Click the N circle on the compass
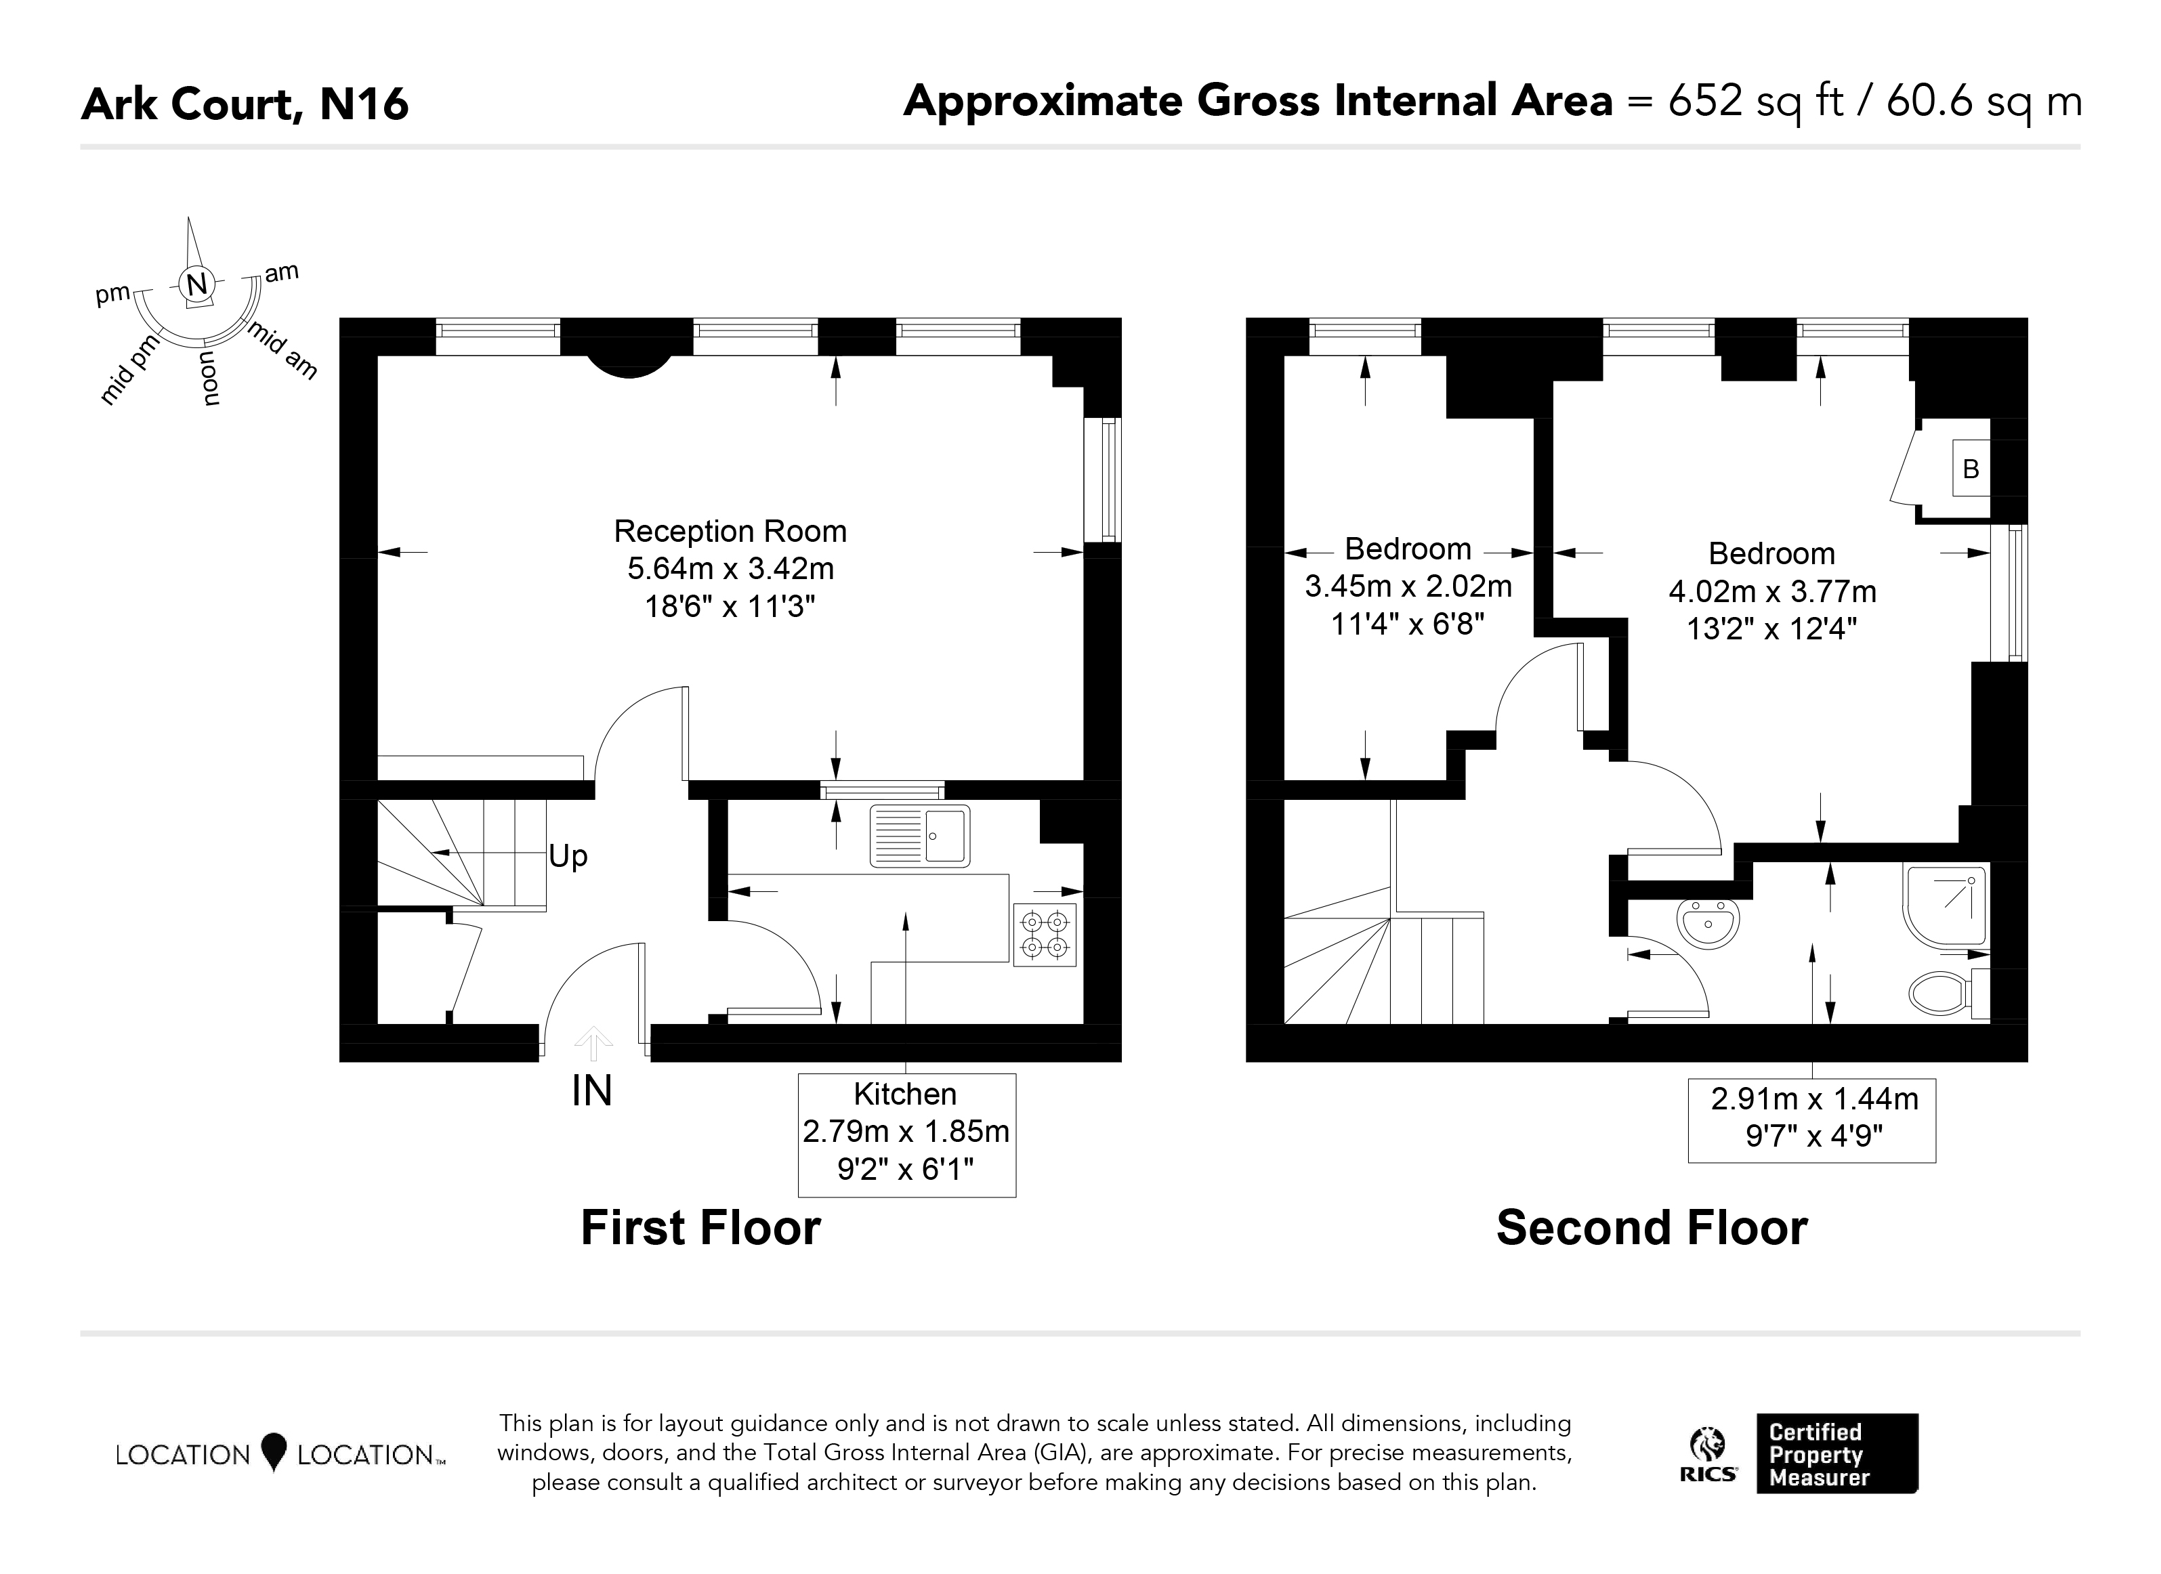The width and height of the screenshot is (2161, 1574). tap(196, 284)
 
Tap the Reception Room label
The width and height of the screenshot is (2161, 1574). tap(730, 531)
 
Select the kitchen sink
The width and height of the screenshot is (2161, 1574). tap(919, 836)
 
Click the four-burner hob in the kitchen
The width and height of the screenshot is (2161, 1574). tap(1045, 935)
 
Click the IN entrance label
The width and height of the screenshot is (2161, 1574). tap(591, 1092)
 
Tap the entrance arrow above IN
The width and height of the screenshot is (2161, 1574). tap(593, 1042)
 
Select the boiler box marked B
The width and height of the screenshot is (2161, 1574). tap(1971, 468)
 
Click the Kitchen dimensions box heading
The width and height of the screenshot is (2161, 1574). tap(905, 1094)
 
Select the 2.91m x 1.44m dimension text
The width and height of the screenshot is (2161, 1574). tap(1814, 1099)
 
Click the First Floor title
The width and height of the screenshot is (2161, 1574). tap(700, 1227)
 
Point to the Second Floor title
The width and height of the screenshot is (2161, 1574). tap(1652, 1227)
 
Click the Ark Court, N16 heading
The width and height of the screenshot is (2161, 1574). tap(245, 104)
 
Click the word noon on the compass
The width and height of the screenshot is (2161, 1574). tap(211, 378)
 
